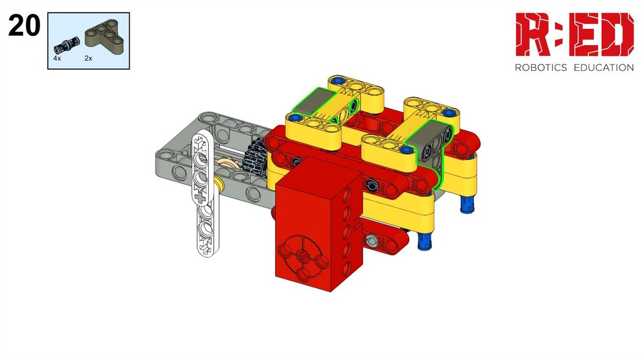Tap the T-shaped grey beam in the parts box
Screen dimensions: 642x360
point(102,33)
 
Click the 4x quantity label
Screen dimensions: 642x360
point(57,58)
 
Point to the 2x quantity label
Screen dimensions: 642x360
point(88,58)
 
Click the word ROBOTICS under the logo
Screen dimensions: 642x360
point(540,68)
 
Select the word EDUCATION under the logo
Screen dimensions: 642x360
point(604,68)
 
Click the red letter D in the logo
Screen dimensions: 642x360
point(616,34)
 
